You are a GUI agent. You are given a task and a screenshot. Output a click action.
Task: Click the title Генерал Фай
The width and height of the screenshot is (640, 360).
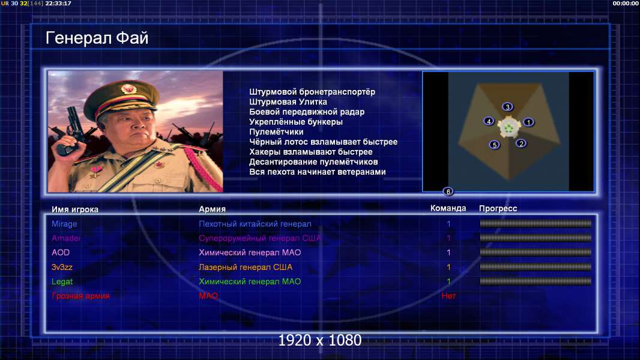(97, 38)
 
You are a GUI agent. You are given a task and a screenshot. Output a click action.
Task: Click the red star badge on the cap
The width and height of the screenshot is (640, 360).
(128, 88)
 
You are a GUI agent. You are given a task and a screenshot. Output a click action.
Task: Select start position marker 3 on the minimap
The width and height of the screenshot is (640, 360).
(507, 107)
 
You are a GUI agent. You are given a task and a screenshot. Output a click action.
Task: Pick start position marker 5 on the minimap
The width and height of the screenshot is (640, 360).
(494, 145)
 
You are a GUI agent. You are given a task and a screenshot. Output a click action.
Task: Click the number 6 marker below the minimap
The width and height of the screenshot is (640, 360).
(448, 191)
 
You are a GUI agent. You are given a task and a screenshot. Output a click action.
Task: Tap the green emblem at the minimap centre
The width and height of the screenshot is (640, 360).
(509, 128)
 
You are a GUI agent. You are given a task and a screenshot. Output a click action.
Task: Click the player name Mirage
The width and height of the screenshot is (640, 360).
(64, 224)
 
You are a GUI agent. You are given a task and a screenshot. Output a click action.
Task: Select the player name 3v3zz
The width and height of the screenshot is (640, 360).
(62, 267)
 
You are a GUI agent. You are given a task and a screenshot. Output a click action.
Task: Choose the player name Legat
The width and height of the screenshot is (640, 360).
(62, 282)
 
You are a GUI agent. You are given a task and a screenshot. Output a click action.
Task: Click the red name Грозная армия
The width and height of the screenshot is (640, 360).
(80, 296)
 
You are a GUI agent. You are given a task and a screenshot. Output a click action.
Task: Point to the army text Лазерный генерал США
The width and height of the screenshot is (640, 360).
(246, 267)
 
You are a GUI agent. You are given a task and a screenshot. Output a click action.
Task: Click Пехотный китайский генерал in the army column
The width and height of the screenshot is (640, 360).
(255, 224)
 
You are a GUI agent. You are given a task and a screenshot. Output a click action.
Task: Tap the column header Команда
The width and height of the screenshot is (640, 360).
(448, 208)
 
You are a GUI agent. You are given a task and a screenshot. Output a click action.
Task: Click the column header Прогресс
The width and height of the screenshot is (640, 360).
(498, 209)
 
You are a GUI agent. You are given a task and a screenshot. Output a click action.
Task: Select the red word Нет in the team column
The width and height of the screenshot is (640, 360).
(448, 296)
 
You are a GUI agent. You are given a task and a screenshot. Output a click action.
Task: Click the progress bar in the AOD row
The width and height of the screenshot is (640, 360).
(536, 253)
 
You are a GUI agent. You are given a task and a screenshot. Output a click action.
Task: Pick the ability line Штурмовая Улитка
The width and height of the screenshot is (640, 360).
(288, 102)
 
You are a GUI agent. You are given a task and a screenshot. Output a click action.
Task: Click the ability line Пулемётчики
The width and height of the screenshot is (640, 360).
(276, 131)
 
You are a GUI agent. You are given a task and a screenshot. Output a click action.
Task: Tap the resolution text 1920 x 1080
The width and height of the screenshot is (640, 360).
(319, 340)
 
